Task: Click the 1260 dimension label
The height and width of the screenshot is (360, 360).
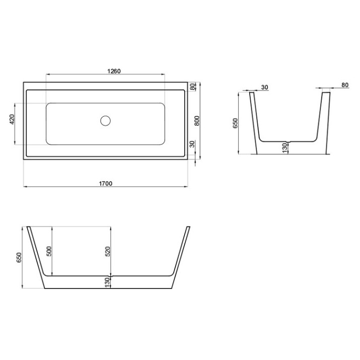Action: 114,71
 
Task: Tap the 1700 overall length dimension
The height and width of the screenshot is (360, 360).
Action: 106,183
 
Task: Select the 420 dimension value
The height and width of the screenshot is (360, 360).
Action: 12,119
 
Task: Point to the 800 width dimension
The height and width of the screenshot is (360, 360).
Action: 197,121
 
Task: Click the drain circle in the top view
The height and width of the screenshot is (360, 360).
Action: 105,121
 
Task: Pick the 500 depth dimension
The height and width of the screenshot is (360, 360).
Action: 49,251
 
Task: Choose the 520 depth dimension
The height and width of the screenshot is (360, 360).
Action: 108,251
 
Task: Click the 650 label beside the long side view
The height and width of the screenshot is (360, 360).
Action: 19,257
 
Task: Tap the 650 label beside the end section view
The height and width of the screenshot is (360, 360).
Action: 236,123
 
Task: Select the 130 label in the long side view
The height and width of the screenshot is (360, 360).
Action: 107,282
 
